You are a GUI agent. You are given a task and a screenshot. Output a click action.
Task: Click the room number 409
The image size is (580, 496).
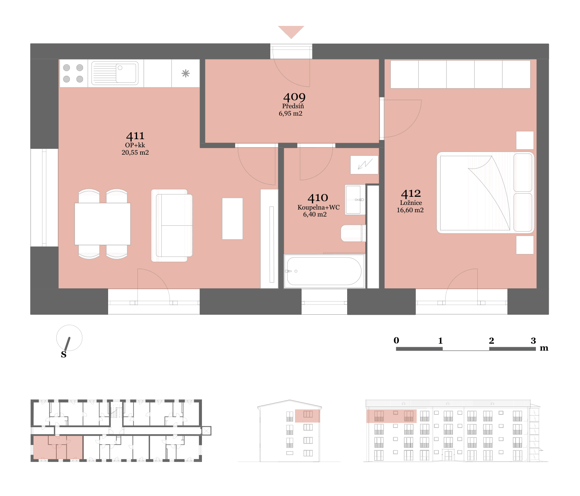point(294,97)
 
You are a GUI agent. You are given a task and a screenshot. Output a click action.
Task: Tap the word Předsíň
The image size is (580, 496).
point(293,106)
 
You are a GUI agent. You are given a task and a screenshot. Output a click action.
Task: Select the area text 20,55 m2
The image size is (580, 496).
point(135,152)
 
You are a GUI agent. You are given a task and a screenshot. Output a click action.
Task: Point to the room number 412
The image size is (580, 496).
point(411,194)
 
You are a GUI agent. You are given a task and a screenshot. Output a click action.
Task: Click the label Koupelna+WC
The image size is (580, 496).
point(319,208)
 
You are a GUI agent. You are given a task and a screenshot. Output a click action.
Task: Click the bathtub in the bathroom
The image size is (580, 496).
point(324,271)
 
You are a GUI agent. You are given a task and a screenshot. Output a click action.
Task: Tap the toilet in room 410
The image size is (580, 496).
point(353,233)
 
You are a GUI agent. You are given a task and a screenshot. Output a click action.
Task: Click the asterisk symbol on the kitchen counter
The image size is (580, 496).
point(185,73)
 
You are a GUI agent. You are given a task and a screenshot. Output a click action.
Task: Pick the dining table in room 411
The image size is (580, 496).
point(102,224)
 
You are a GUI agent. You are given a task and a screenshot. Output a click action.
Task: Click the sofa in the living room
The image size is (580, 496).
point(172,225)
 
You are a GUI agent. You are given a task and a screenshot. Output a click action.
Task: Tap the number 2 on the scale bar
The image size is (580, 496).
point(491,341)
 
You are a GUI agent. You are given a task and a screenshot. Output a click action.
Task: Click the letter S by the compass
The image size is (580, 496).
point(64,355)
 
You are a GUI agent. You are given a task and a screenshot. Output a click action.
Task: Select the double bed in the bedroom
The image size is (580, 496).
point(485,193)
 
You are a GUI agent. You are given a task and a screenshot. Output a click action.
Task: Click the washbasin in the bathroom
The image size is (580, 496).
point(355,200)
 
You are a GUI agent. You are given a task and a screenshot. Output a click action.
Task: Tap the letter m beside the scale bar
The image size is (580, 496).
point(544,349)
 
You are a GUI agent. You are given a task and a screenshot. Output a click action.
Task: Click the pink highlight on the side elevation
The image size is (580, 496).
point(307,416)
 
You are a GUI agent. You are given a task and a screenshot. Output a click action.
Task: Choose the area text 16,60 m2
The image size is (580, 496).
point(410,210)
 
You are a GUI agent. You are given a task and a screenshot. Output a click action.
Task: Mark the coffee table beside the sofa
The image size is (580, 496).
point(232,219)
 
